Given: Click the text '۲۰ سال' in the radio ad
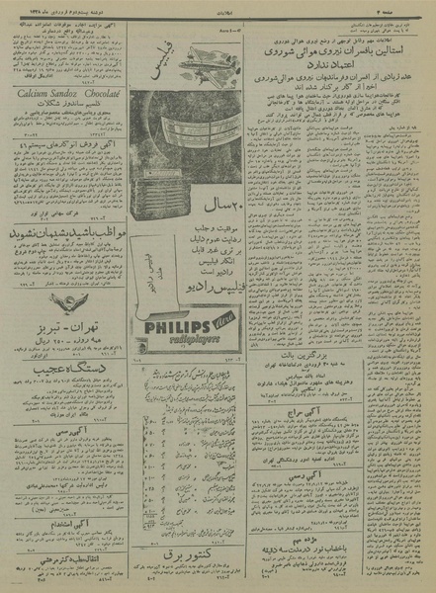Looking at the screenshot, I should (x=213, y=237).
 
